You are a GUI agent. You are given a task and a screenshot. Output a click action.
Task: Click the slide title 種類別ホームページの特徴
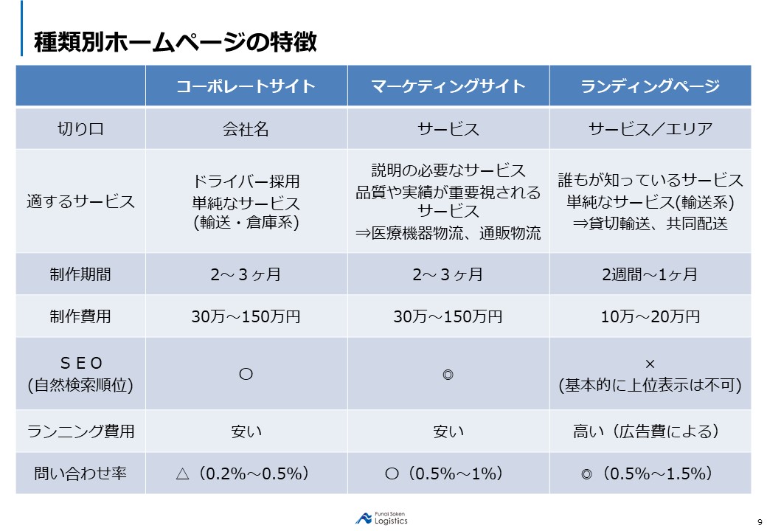click(176, 42)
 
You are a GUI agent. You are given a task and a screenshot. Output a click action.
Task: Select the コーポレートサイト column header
click(246, 86)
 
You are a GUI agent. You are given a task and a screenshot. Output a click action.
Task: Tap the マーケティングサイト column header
click(448, 86)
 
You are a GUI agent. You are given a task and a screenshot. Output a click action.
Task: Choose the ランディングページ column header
click(650, 86)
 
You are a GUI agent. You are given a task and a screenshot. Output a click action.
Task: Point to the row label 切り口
click(80, 129)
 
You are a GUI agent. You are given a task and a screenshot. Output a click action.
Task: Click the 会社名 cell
click(246, 129)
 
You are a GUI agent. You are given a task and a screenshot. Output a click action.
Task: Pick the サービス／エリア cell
click(650, 129)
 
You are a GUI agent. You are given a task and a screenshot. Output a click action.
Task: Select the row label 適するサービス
click(80, 201)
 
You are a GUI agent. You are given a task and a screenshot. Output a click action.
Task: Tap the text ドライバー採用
click(246, 181)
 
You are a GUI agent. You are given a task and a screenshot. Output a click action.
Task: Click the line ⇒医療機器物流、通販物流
click(448, 233)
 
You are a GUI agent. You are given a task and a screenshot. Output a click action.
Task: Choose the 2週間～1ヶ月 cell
click(650, 274)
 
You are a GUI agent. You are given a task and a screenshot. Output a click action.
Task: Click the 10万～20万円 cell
click(650, 316)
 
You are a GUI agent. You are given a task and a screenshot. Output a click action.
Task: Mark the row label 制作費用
click(80, 316)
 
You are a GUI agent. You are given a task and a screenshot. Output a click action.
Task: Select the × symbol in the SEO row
click(650, 364)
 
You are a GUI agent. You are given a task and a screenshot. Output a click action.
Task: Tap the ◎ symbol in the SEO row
click(448, 374)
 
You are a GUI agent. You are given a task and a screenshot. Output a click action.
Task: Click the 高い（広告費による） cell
click(650, 431)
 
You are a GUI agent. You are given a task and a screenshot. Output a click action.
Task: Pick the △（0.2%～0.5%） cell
click(246, 473)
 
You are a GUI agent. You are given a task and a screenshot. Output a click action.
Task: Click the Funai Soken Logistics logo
click(381, 518)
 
